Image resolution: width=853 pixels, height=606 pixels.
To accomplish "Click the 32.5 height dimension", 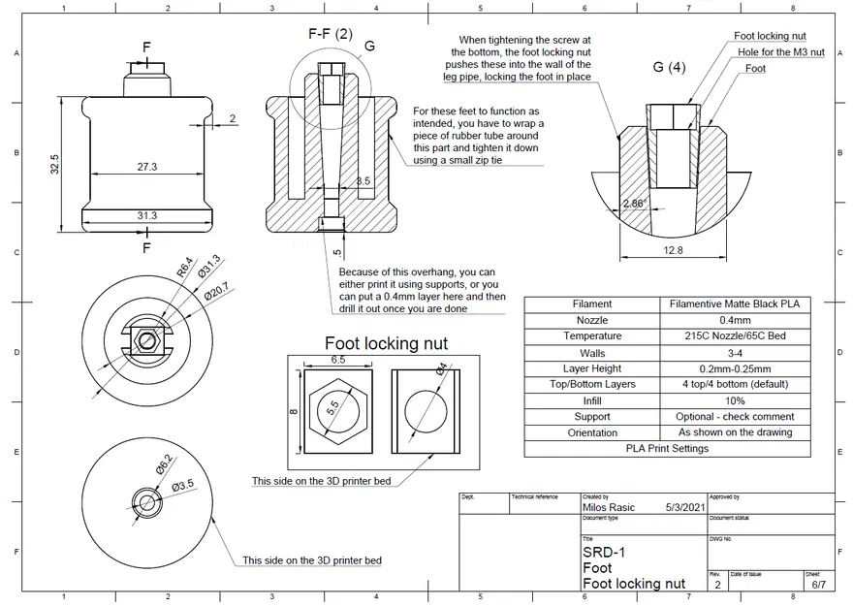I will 55,165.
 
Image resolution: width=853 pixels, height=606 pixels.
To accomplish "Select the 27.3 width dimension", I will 147,167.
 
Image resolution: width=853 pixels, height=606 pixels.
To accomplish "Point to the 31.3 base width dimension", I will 147,215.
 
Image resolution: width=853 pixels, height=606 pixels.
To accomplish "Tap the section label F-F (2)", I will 331,34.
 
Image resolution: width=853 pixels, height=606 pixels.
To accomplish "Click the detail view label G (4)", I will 670,68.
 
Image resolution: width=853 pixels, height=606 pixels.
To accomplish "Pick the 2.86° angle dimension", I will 635,204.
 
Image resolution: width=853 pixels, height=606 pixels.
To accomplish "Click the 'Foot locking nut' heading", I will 386,342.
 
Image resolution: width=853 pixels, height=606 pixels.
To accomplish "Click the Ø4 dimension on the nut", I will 440,369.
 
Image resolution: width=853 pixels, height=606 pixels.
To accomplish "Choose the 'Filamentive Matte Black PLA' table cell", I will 735,303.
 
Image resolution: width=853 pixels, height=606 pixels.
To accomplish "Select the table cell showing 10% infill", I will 735,400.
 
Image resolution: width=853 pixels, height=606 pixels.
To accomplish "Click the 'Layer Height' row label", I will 591,368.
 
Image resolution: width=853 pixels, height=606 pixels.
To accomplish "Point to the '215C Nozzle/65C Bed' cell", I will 735,336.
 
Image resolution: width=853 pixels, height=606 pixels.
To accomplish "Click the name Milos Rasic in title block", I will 609,507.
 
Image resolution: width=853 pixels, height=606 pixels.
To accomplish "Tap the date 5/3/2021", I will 683,507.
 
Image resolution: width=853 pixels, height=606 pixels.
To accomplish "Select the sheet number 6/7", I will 818,585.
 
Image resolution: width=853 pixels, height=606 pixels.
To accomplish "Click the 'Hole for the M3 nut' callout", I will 780,52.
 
